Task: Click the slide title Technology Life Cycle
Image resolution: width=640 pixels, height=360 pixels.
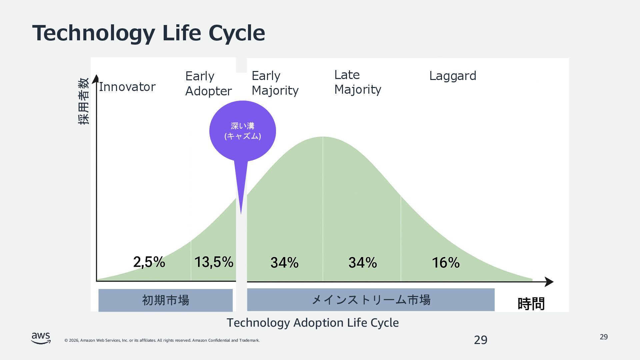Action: tap(148, 33)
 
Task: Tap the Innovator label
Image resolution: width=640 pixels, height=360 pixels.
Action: tap(127, 87)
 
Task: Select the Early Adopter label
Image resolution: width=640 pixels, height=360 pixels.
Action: tap(208, 84)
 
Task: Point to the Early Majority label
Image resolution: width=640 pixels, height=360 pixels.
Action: tap(275, 83)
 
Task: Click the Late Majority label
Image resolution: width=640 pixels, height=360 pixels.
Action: tap(358, 82)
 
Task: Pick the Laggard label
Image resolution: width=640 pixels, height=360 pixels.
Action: tap(452, 76)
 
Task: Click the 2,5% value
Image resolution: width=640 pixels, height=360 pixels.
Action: tap(149, 262)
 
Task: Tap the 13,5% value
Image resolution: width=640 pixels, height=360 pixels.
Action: tap(214, 262)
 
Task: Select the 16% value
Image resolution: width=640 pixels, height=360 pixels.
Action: tap(446, 263)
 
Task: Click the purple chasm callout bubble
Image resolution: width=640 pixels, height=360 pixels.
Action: tap(243, 131)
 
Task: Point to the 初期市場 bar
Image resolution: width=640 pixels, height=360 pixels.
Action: tap(165, 300)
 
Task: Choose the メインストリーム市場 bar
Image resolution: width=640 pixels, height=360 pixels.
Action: tap(371, 300)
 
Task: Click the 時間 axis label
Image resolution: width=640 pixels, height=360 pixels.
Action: tap(531, 304)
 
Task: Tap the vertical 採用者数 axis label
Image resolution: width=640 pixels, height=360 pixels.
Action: tap(84, 101)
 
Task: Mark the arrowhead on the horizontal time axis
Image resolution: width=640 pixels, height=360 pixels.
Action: tap(549, 282)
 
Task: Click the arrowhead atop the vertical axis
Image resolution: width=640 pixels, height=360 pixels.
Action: tap(96, 79)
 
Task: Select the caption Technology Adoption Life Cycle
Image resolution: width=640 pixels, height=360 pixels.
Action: tap(313, 323)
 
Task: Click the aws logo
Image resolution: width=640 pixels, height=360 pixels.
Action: tap(41, 338)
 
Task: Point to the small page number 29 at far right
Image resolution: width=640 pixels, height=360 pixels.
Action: tap(604, 337)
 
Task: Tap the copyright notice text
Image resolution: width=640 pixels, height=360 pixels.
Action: tap(162, 340)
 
